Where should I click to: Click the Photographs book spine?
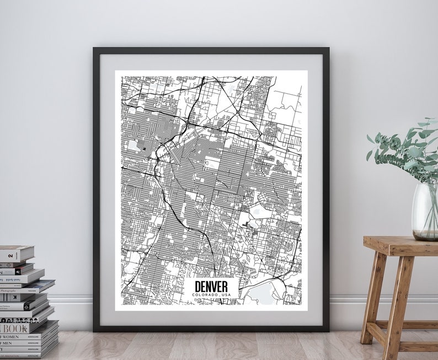22,290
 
